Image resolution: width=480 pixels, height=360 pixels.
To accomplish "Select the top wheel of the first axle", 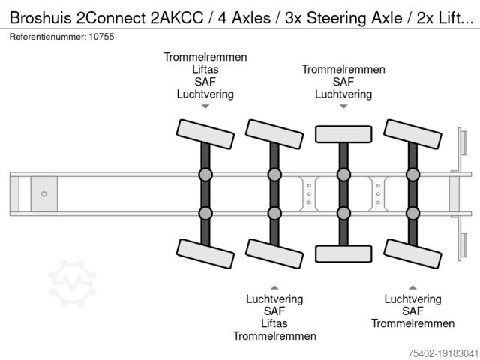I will [205, 133].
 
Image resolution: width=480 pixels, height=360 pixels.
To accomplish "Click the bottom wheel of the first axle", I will [205, 254].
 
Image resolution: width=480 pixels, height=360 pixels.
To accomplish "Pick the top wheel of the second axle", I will [274, 133].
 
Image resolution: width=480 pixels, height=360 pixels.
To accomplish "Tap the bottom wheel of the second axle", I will [274, 254].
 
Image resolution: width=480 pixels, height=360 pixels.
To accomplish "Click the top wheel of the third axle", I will [343, 134].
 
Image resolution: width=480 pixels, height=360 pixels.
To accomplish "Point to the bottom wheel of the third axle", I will [343, 253].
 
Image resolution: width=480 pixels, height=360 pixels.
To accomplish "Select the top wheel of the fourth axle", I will [412, 133].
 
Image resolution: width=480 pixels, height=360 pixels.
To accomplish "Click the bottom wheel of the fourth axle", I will [412, 254].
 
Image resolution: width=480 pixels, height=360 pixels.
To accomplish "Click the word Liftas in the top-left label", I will [205, 70].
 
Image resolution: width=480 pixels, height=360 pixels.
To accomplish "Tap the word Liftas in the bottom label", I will [274, 323].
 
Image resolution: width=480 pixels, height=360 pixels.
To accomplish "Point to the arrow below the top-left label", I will [205, 107].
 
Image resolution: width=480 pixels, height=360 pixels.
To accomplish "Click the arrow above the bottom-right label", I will [412, 286].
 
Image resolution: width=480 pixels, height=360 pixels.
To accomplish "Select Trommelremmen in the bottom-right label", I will [412, 323].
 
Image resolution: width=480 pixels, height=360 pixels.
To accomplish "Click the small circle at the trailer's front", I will [44, 194].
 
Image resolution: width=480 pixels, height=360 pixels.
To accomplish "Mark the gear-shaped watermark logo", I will [73, 284].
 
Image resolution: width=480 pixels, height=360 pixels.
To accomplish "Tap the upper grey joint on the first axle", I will [205, 175].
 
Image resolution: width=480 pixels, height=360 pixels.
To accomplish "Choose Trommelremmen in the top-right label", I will [343, 70].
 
